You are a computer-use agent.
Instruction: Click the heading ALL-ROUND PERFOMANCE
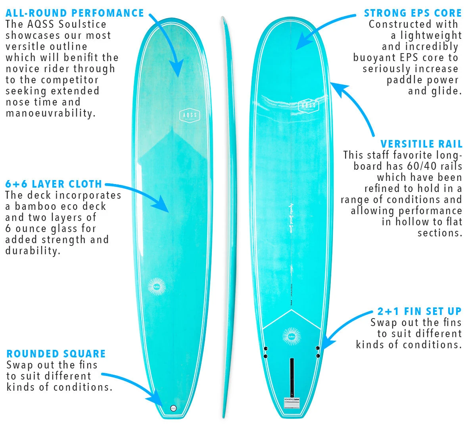click(x=75, y=13)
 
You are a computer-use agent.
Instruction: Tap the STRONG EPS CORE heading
click(x=413, y=13)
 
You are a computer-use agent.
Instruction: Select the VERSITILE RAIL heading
click(x=421, y=144)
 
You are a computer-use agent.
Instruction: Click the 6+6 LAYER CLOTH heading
click(x=54, y=184)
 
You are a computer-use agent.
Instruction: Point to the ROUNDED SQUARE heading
click(x=56, y=354)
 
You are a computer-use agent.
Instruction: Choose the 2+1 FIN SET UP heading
click(x=419, y=311)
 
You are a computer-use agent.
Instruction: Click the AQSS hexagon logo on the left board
click(x=189, y=115)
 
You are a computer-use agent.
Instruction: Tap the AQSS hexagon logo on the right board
click(x=308, y=106)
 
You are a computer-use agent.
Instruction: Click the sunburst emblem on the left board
click(x=156, y=287)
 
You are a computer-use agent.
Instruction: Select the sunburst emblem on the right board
click(x=292, y=337)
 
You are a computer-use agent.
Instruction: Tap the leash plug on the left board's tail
click(x=173, y=408)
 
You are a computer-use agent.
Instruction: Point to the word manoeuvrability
click(x=50, y=113)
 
